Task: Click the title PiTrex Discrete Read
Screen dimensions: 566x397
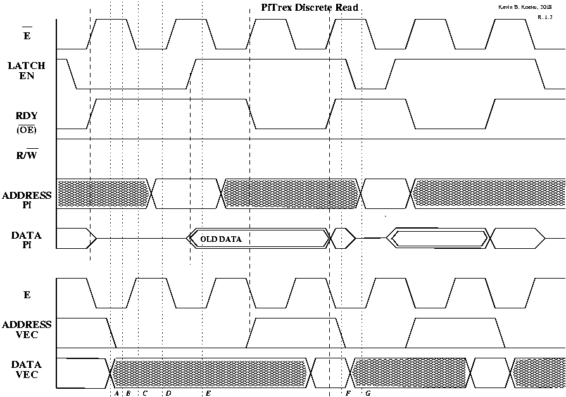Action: (x=310, y=8)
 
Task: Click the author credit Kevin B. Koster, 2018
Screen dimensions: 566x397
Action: (x=525, y=7)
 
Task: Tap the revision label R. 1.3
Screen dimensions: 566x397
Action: (x=544, y=17)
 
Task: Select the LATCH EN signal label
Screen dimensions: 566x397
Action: (x=27, y=71)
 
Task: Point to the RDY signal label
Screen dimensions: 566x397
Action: (x=27, y=116)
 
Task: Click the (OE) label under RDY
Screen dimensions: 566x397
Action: (x=27, y=130)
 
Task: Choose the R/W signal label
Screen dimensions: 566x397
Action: (x=27, y=154)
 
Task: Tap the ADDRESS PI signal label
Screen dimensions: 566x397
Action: (x=27, y=200)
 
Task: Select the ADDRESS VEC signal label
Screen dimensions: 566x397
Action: (x=27, y=329)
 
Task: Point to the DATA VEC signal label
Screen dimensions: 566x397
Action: (x=27, y=370)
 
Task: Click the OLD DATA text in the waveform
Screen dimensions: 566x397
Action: (x=221, y=239)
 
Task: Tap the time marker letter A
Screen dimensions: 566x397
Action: (x=116, y=393)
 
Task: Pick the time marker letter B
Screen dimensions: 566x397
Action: (x=128, y=393)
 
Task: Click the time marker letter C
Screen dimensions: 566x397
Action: (x=144, y=393)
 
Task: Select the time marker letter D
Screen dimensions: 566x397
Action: (x=168, y=393)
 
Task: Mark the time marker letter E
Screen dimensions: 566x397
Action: (x=208, y=393)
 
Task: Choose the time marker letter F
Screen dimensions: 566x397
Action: (x=348, y=393)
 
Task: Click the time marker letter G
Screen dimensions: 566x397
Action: (x=368, y=393)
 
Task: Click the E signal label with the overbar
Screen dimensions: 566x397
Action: (x=27, y=34)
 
